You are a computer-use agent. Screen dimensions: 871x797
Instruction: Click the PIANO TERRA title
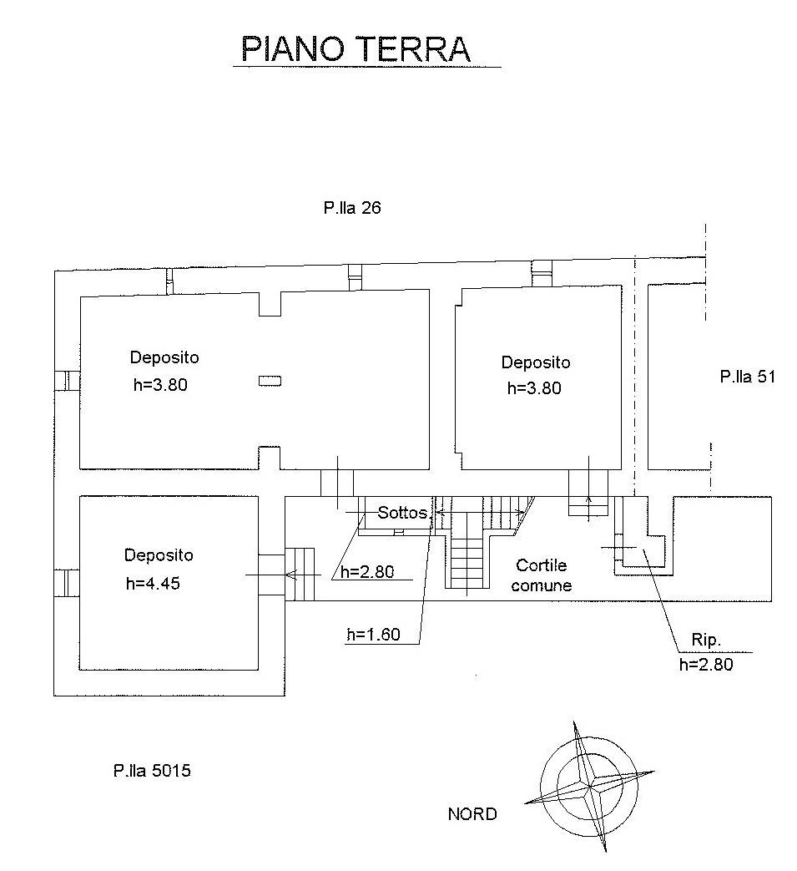pyautogui.click(x=356, y=49)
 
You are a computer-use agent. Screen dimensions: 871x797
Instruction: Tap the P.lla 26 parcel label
pyautogui.click(x=352, y=209)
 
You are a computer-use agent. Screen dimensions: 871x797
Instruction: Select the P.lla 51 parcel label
pyautogui.click(x=748, y=377)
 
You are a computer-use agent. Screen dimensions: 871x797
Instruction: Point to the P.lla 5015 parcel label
pyautogui.click(x=152, y=771)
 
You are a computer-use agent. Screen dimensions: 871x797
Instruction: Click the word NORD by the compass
pyautogui.click(x=472, y=814)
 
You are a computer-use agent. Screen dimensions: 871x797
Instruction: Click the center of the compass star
pyautogui.click(x=590, y=785)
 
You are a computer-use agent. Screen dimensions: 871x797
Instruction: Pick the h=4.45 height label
pyautogui.click(x=153, y=584)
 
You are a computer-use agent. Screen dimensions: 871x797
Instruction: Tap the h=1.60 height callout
pyautogui.click(x=373, y=635)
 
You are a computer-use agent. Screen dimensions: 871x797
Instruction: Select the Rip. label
pyautogui.click(x=705, y=641)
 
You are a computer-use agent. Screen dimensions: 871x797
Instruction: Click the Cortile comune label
pyautogui.click(x=542, y=576)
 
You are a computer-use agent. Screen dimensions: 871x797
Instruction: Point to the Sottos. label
pyautogui.click(x=403, y=513)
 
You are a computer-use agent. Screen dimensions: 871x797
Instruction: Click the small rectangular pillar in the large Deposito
pyautogui.click(x=270, y=381)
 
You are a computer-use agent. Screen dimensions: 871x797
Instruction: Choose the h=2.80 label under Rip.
pyautogui.click(x=706, y=665)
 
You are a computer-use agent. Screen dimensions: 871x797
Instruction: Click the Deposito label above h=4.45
pyautogui.click(x=159, y=555)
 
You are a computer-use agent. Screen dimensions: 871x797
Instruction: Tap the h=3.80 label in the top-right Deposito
pyautogui.click(x=534, y=387)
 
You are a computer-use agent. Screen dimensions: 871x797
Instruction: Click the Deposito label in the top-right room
pyautogui.click(x=536, y=362)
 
